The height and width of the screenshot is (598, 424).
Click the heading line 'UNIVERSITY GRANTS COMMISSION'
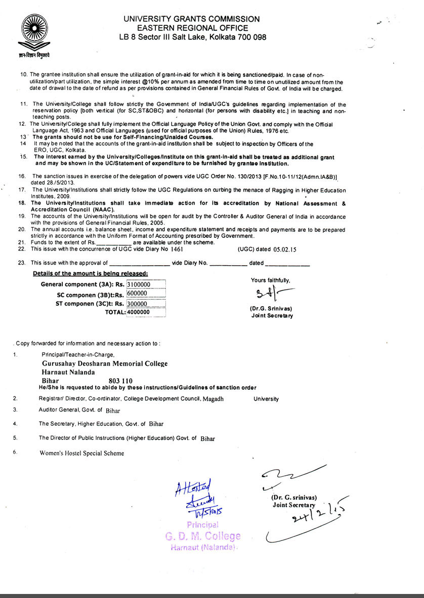tap(192, 19)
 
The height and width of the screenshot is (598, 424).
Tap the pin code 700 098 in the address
tap(248, 37)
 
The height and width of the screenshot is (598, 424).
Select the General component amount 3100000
tap(138, 285)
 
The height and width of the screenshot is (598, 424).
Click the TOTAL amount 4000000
tap(138, 312)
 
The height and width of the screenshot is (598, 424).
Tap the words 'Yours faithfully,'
tap(271, 280)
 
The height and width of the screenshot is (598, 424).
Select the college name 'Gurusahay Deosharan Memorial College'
tap(105, 364)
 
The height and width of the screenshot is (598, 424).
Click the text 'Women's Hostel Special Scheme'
tap(81, 453)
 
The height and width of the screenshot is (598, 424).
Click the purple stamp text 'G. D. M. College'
tap(202, 536)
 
